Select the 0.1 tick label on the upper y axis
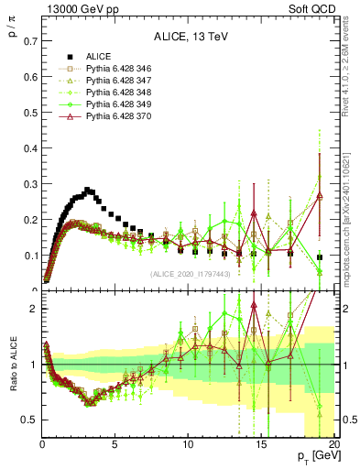click(30, 256)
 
